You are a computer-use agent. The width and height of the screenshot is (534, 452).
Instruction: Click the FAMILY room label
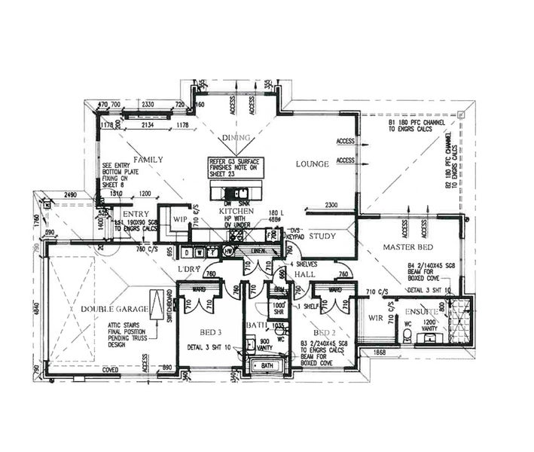[x=148, y=160]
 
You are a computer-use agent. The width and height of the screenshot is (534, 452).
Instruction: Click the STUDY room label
[x=322, y=236]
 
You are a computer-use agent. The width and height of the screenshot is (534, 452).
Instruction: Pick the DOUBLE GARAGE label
[x=102, y=309]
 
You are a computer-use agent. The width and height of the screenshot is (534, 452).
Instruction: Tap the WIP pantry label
[x=179, y=220]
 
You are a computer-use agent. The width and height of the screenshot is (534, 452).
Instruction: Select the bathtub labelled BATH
[x=267, y=365]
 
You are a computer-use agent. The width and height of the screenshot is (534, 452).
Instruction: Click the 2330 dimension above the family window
[x=148, y=104]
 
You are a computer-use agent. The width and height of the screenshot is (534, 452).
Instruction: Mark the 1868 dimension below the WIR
[x=380, y=352]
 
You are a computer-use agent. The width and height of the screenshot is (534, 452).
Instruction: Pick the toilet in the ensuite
[x=407, y=337]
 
